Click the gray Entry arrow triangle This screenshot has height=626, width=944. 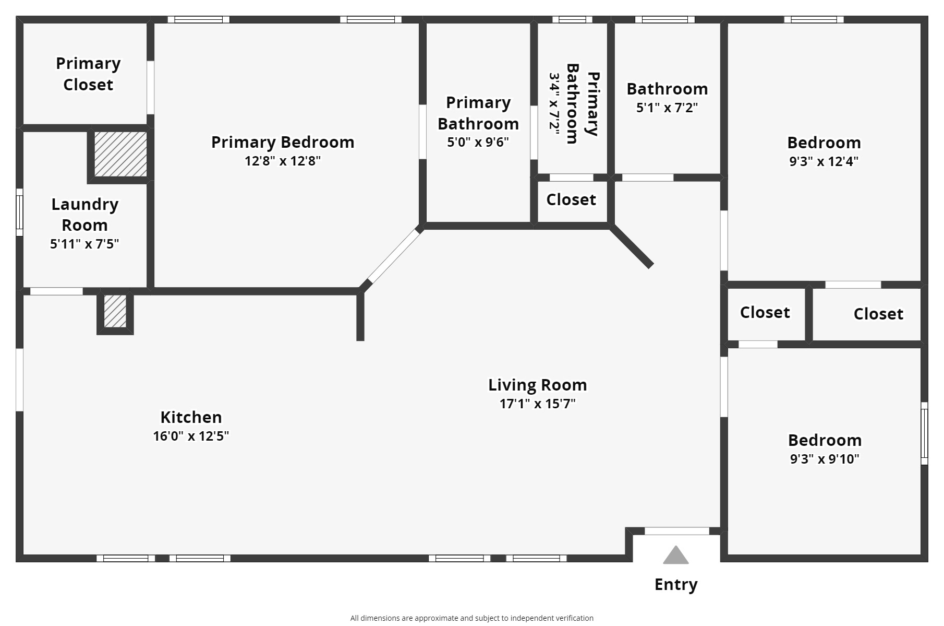tap(676, 556)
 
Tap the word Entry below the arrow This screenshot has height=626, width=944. tap(676, 585)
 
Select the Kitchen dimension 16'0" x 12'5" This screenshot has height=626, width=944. tap(191, 436)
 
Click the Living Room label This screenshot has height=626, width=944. tap(538, 385)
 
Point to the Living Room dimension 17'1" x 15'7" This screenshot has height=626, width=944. tap(538, 404)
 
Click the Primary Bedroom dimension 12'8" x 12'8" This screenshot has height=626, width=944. tap(283, 161)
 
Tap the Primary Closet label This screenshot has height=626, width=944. tap(88, 74)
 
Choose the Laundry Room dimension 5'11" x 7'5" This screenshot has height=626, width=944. tap(84, 244)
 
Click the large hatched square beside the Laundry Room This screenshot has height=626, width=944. tap(120, 154)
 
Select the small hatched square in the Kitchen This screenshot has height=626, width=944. tap(115, 311)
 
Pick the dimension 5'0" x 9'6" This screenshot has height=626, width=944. tap(478, 143)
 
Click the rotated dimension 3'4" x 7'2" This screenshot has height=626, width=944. tap(554, 104)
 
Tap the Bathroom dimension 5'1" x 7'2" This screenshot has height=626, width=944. tap(667, 108)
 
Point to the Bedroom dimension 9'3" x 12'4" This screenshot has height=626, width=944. tap(824, 161)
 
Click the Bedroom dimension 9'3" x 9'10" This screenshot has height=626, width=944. tap(825, 459)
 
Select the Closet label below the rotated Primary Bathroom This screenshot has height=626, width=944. tap(571, 199)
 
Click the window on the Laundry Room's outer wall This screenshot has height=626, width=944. tap(20, 212)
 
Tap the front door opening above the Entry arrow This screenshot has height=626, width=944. tap(677, 531)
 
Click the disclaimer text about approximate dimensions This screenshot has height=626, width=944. tap(472, 618)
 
